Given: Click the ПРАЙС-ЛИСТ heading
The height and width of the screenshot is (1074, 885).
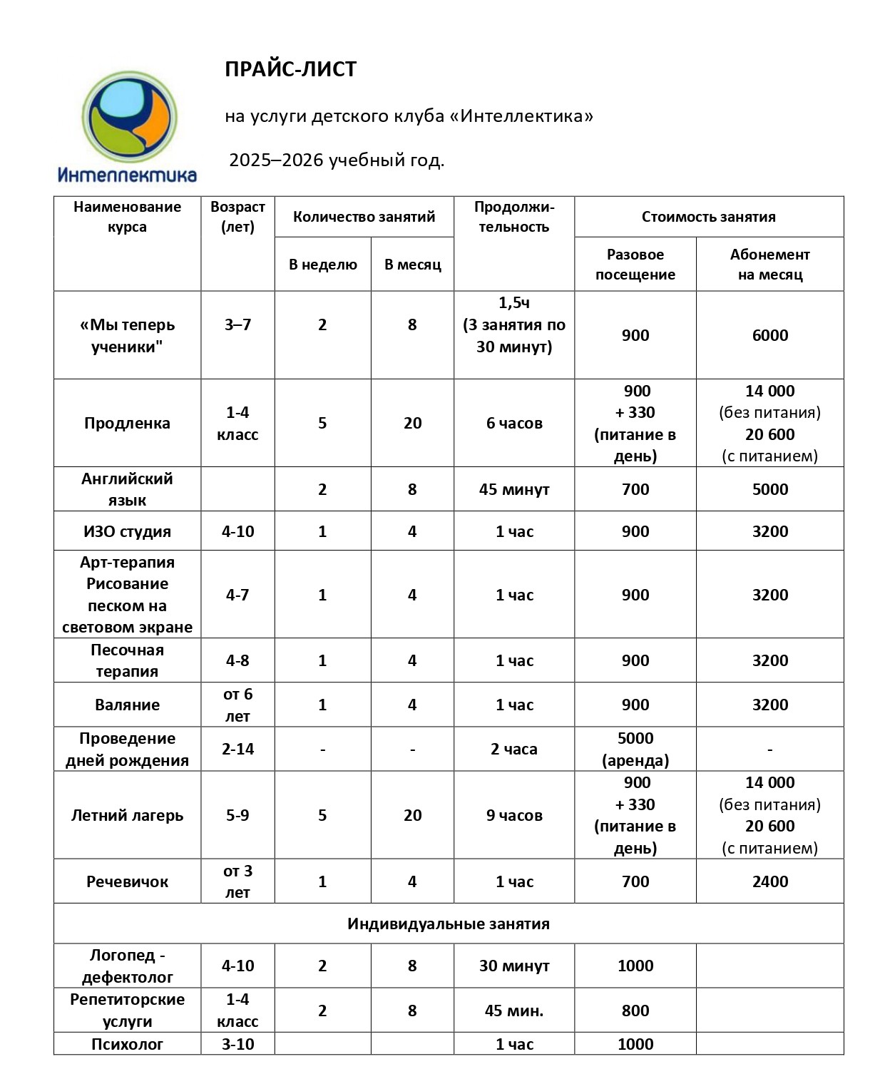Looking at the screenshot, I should (290, 69).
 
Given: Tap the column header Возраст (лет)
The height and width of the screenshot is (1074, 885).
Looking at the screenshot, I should (237, 217).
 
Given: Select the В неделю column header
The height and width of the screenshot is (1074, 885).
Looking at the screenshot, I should (322, 265).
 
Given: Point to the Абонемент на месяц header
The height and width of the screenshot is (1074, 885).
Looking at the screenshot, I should (769, 265).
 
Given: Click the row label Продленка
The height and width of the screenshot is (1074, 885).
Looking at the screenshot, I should (127, 423).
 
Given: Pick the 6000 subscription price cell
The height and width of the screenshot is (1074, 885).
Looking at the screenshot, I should (769, 335).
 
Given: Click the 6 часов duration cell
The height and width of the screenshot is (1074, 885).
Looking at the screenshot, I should (514, 423).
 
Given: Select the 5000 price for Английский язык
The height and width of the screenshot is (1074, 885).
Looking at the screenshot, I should (769, 489).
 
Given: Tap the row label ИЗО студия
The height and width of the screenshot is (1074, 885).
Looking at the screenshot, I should (127, 531).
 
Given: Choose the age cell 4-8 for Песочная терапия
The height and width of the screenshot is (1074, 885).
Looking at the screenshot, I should (237, 660).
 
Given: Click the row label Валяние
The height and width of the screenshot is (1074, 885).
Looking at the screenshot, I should (127, 705).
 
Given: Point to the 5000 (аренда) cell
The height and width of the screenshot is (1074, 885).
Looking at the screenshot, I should (635, 749).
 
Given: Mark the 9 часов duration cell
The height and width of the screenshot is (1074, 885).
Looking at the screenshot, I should (514, 815).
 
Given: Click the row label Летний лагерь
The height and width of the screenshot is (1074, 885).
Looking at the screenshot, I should (127, 815).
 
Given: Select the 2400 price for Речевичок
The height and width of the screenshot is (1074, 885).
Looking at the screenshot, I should (769, 881).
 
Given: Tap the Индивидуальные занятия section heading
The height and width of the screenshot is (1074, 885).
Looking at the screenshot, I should (449, 924).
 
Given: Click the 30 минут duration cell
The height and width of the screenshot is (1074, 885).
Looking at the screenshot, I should (514, 966).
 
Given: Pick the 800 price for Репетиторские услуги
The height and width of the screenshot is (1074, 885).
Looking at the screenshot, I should (635, 1011).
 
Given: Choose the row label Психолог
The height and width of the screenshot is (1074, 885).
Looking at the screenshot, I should (127, 1044).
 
